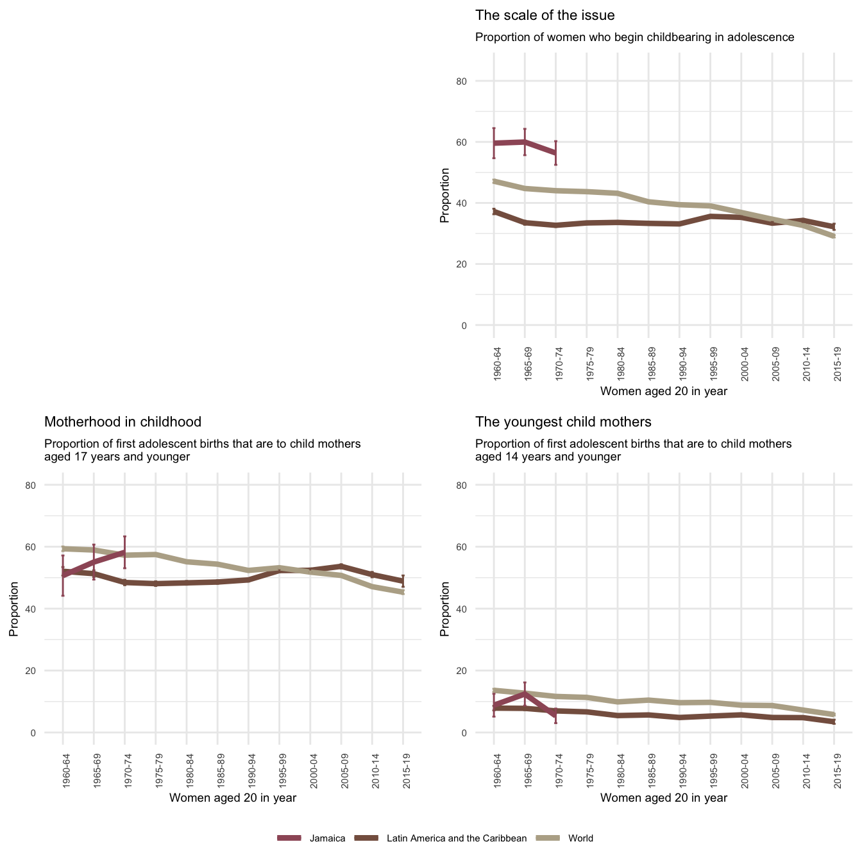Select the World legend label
pyautogui.click(x=580, y=838)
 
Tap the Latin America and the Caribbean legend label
pyautogui.click(x=457, y=838)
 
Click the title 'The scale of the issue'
pyautogui.click(x=545, y=15)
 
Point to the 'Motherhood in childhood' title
pyautogui.click(x=123, y=422)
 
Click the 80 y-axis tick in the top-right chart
pyautogui.click(x=479, y=81)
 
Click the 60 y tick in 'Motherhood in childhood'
pyautogui.click(x=48, y=547)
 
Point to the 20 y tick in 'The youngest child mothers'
pyautogui.click(x=479, y=671)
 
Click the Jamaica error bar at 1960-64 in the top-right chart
pyautogui.click(x=494, y=143)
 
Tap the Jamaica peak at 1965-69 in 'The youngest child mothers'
pyautogui.click(x=525, y=693)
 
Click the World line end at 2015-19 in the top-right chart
pyautogui.click(x=834, y=236)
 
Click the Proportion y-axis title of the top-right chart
pyautogui.click(x=445, y=196)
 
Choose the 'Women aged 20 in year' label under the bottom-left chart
pyautogui.click(x=232, y=798)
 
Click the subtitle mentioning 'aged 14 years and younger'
pyautogui.click(x=633, y=450)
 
